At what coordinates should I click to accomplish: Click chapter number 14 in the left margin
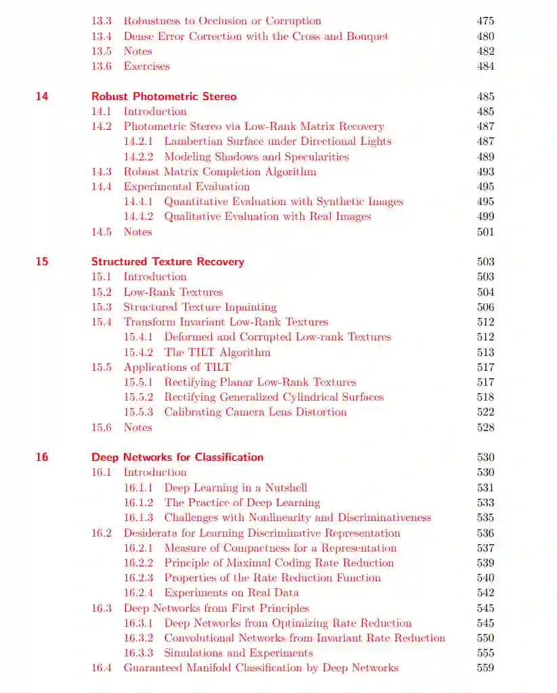click(42, 96)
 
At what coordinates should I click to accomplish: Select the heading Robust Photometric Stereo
click(164, 96)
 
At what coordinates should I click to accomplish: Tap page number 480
click(485, 36)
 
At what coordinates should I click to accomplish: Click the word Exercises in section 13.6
click(146, 66)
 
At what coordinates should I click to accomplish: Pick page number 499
click(485, 217)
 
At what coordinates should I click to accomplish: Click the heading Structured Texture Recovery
click(167, 261)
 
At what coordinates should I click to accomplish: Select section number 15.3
click(102, 307)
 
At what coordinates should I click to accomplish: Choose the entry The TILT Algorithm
click(217, 352)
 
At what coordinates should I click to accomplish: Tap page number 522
click(485, 412)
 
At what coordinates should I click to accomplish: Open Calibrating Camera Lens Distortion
click(255, 412)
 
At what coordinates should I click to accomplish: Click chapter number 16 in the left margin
click(42, 457)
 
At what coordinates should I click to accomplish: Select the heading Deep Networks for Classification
click(178, 457)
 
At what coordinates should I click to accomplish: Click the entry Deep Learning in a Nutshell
click(235, 487)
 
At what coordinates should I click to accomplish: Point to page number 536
click(485, 533)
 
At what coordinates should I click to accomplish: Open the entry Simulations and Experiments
click(238, 653)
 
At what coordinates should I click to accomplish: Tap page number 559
click(485, 668)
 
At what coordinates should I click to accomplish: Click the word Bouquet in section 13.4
click(367, 36)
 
